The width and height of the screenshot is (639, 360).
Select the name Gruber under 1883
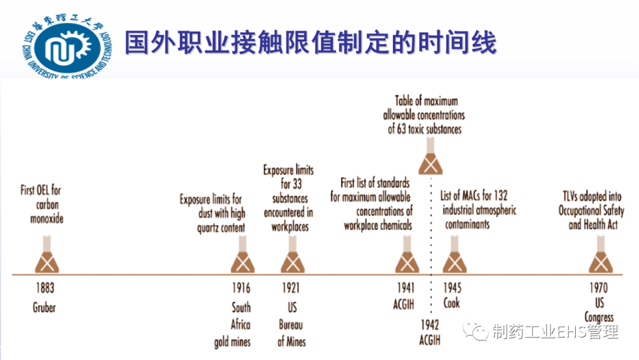pyautogui.click(x=44, y=307)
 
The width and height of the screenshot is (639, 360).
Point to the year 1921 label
pyautogui.click(x=290, y=288)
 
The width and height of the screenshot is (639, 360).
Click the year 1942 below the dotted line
pyautogui.click(x=430, y=324)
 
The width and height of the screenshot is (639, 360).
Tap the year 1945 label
pyautogui.click(x=453, y=288)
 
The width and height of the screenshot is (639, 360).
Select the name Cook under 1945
pyautogui.click(x=451, y=303)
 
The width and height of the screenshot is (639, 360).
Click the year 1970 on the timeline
pyautogui.click(x=598, y=288)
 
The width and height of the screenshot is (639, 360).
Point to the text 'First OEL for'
pyautogui.click(x=41, y=191)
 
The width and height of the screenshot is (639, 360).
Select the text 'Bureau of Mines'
pyautogui.click(x=292, y=333)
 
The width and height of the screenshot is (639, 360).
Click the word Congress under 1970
pyautogui.click(x=599, y=317)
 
